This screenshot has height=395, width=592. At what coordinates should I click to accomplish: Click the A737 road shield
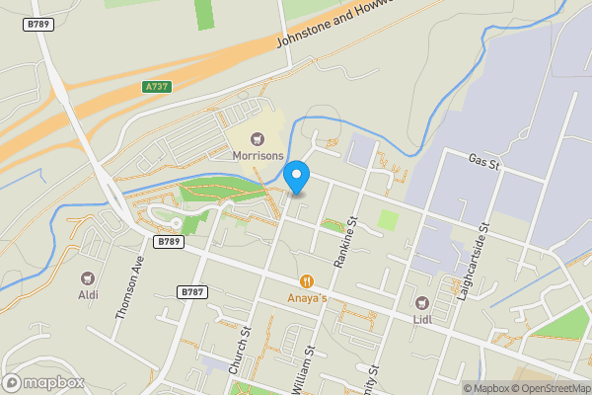click(156, 87)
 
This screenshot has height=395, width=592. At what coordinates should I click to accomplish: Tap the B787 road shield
click(192, 292)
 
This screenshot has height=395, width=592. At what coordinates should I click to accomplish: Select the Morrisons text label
click(259, 156)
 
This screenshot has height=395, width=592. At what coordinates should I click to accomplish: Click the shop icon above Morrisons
click(259, 139)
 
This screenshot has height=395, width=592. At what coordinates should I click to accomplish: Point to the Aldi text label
click(89, 294)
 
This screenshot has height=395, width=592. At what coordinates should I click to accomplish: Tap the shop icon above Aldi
click(89, 277)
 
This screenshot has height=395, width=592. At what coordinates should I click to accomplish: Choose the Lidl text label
click(422, 319)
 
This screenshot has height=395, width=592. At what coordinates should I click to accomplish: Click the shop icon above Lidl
click(422, 302)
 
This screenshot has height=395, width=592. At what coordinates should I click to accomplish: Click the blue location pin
click(296, 179)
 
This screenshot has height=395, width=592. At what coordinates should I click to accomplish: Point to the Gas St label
click(485, 161)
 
